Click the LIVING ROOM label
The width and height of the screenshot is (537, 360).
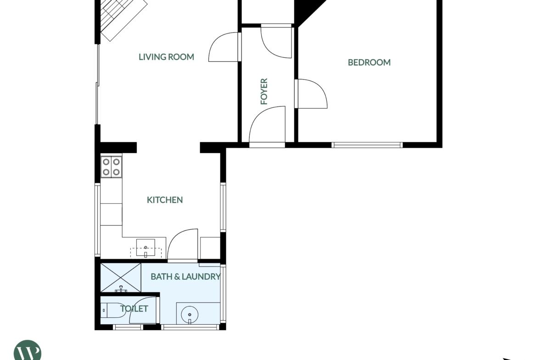166,57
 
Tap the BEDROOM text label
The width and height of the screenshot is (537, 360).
369,62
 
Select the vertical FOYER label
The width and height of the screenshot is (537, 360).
264,91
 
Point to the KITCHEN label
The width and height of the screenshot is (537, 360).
165,200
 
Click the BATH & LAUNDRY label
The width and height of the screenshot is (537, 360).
185,277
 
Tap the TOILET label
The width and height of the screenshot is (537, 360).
134,309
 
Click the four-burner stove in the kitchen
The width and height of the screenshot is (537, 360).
112,167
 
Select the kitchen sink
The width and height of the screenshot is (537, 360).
146,248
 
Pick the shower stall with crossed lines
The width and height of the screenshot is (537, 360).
121,277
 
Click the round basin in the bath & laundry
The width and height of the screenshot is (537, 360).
190,314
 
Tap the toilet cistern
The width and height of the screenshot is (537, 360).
104,310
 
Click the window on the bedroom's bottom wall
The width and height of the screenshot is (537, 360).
367,145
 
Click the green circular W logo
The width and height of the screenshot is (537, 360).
28,350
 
